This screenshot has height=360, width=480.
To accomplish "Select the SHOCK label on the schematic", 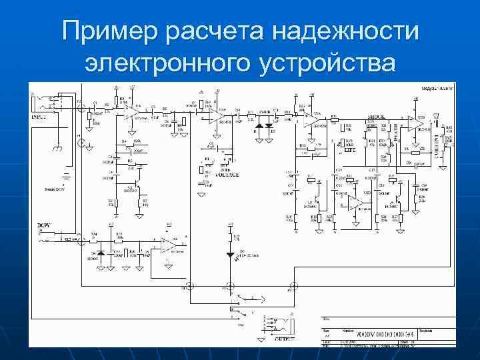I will pyautogui.click(x=377, y=117).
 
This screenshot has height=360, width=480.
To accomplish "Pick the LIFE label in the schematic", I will pyautogui.click(x=349, y=151).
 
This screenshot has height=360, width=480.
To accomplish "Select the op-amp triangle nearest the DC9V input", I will pyautogui.click(x=167, y=245).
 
